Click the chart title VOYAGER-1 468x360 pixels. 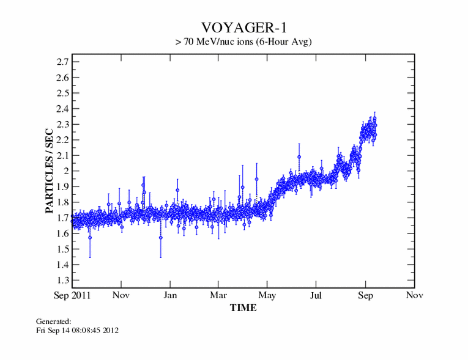pyautogui.click(x=243, y=28)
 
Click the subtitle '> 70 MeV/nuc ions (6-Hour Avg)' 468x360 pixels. pyautogui.click(x=243, y=42)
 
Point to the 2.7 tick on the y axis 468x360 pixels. pyautogui.click(x=62, y=62)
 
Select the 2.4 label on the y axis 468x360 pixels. pyautogui.click(x=62, y=109)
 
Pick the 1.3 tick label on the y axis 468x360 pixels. pyautogui.click(x=62, y=281)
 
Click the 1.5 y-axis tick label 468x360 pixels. pyautogui.click(x=62, y=249)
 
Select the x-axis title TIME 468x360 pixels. pyautogui.click(x=243, y=308)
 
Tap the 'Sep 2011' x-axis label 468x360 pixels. pyautogui.click(x=72, y=296)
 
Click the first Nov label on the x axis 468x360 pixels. pyautogui.click(x=121, y=296)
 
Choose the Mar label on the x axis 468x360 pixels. pyautogui.click(x=218, y=296)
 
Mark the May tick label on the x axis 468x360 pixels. pyautogui.click(x=267, y=296)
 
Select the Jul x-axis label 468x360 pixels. pyautogui.click(x=316, y=296)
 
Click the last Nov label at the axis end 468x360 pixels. pyautogui.click(x=414, y=296)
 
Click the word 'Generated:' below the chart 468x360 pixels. pyautogui.click(x=54, y=321)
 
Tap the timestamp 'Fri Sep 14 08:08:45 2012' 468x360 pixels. pyautogui.click(x=77, y=330)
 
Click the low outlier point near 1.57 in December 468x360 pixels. pyautogui.click(x=161, y=237)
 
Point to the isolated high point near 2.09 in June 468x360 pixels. pyautogui.click(x=299, y=157)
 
